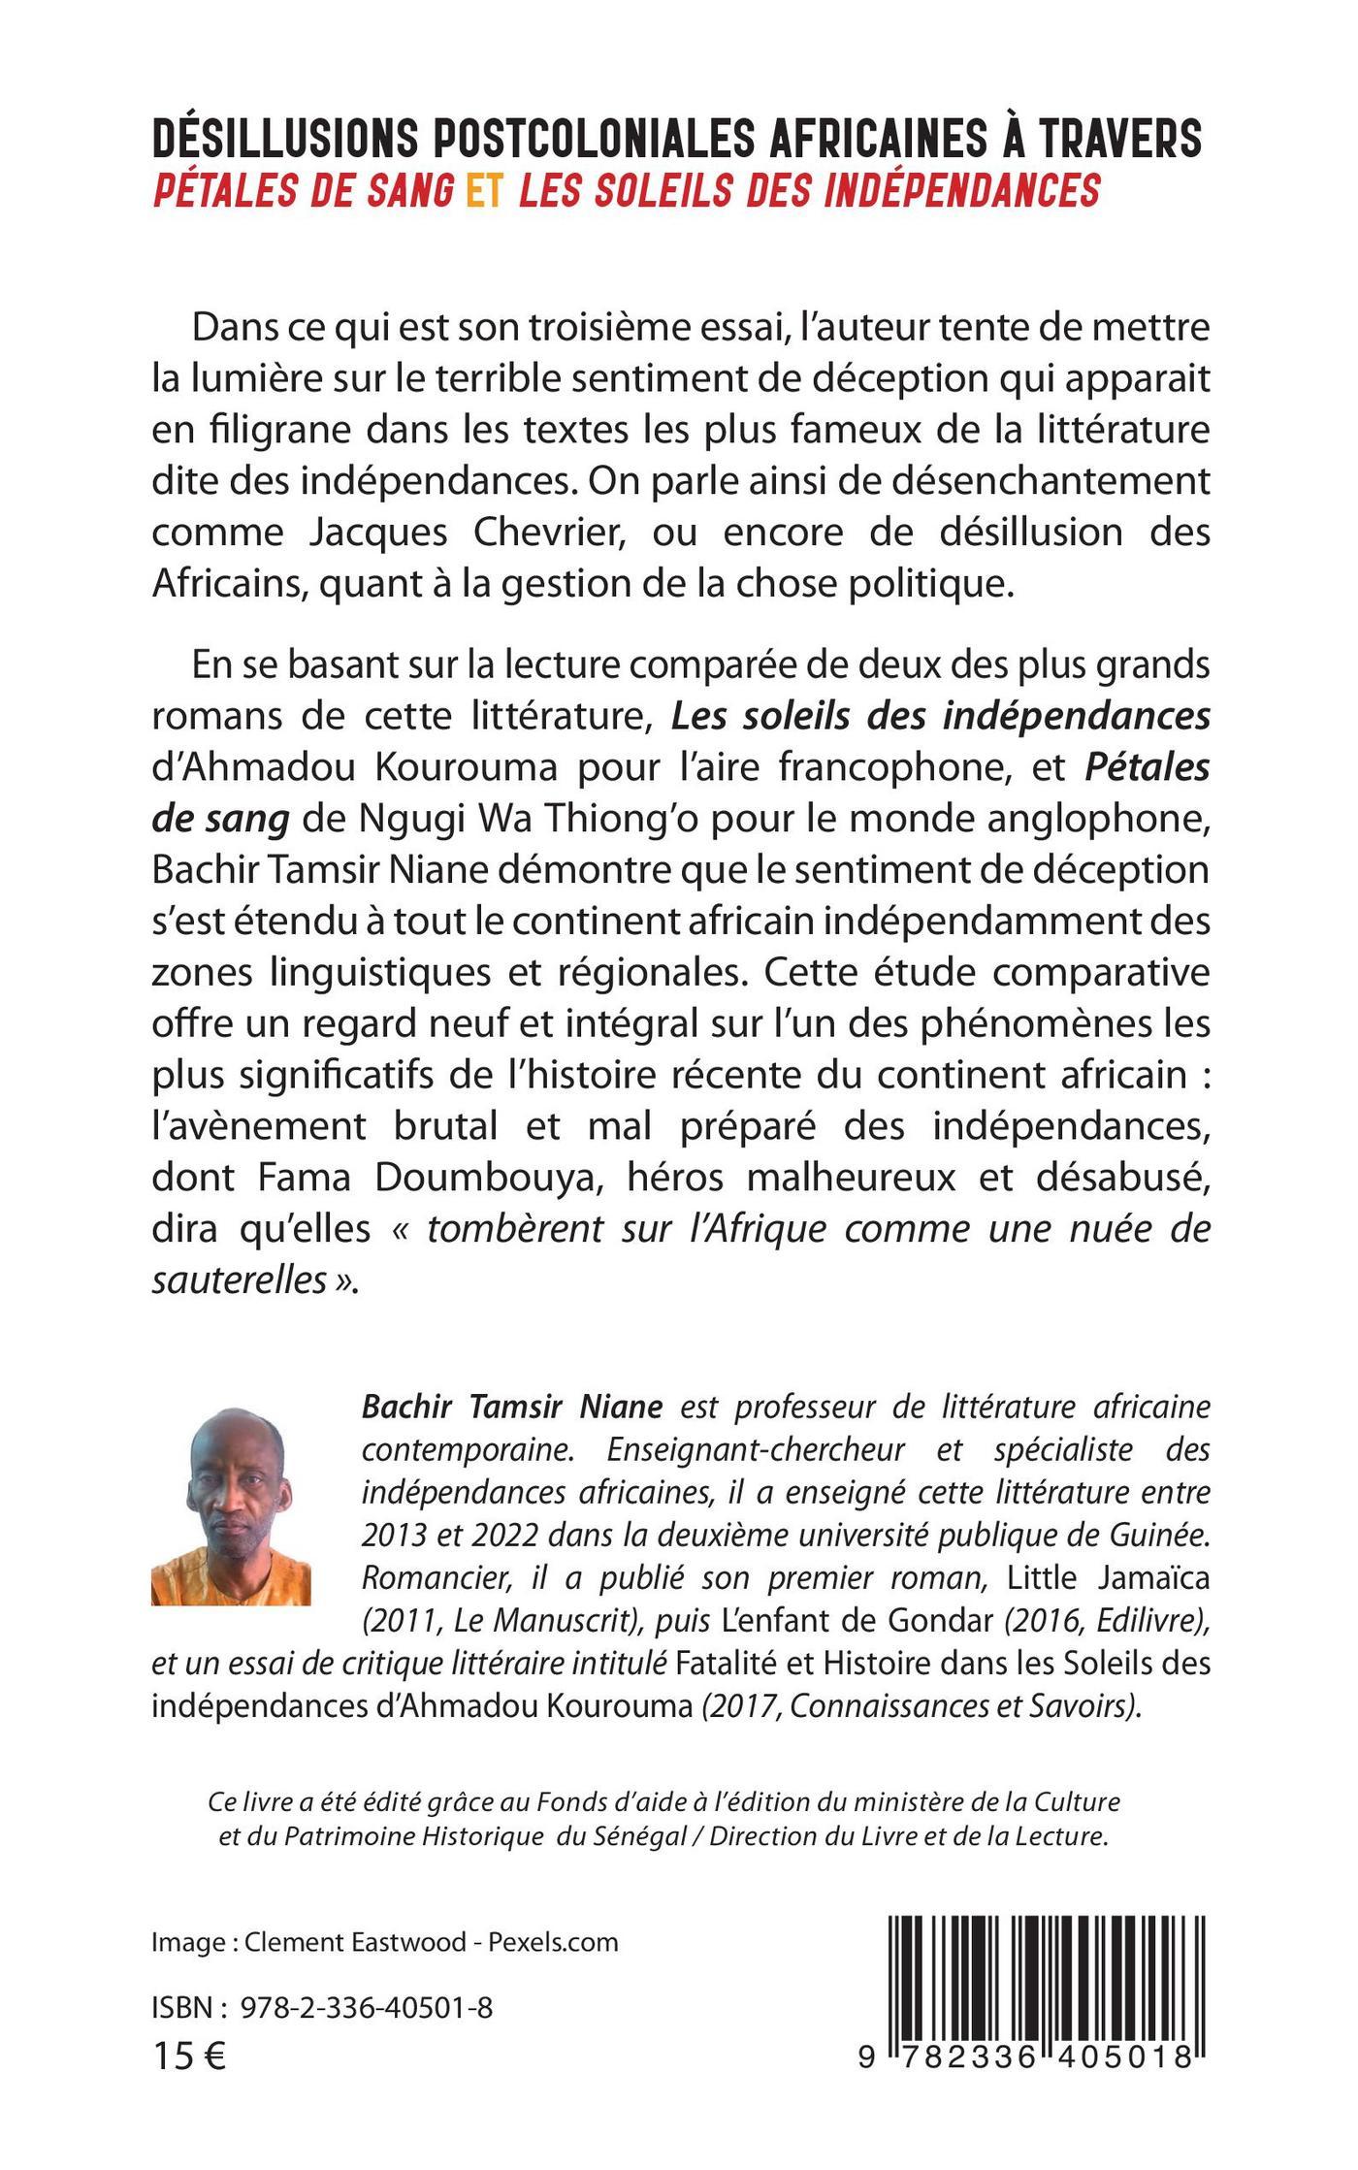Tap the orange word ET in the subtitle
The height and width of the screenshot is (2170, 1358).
coord(485,191)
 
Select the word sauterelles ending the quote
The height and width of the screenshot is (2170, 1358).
coord(239,1280)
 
